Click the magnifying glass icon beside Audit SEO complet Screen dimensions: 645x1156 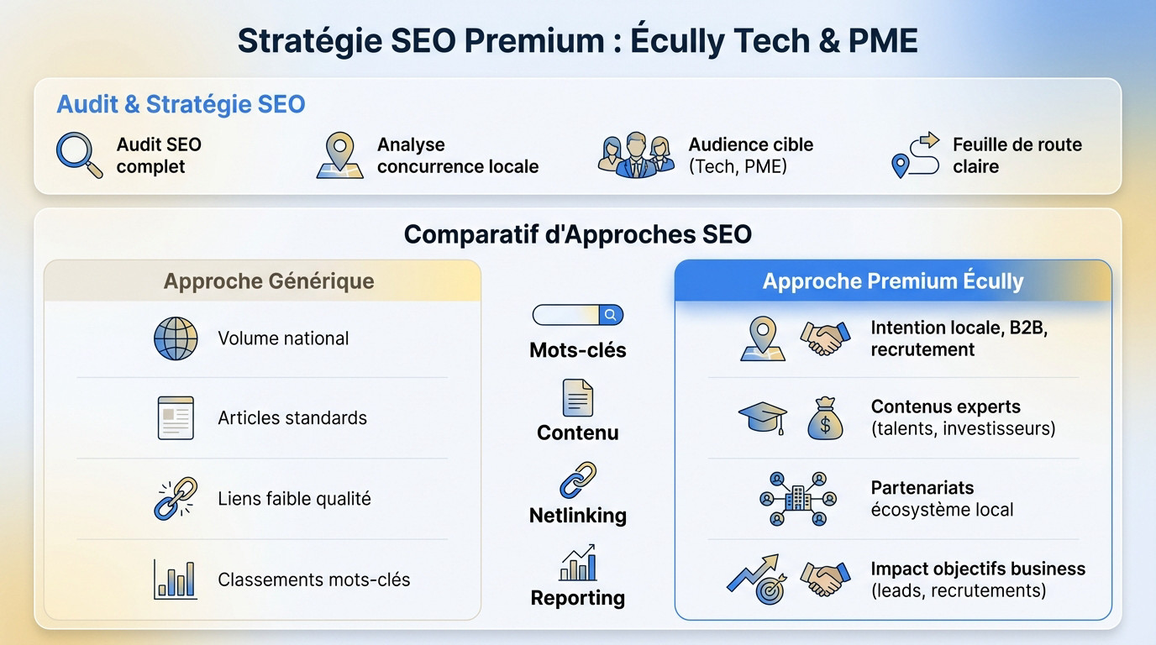78,155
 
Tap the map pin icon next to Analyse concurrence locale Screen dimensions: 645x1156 339,155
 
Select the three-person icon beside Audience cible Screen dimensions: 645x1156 636,155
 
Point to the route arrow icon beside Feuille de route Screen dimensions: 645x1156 914,155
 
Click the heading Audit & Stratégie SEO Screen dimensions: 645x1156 181,104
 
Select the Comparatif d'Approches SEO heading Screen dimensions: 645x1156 577,233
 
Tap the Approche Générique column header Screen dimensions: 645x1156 269,281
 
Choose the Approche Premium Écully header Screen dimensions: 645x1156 892,281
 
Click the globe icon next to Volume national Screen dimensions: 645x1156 176,338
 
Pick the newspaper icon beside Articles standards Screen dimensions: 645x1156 176,418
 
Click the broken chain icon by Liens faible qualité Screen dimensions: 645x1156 176,498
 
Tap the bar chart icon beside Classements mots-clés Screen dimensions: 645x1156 176,579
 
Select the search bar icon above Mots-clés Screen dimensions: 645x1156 577,315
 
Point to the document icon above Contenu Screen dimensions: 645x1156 577,397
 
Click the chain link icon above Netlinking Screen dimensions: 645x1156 577,480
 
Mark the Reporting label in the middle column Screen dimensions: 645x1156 577,598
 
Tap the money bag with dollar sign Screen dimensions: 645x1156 824,418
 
